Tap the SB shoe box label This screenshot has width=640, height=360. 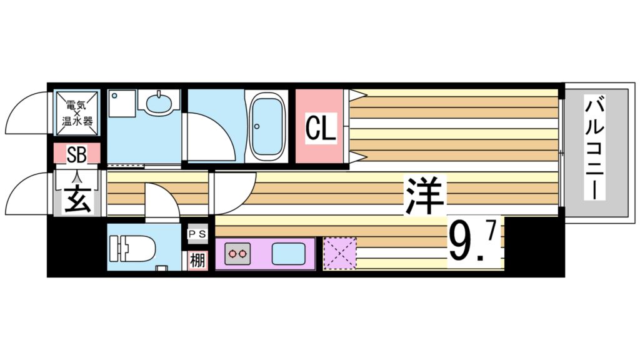pyautogui.click(x=77, y=152)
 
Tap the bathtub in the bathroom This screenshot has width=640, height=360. pyautogui.click(x=267, y=126)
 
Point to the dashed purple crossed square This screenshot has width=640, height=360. pyautogui.click(x=340, y=254)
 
